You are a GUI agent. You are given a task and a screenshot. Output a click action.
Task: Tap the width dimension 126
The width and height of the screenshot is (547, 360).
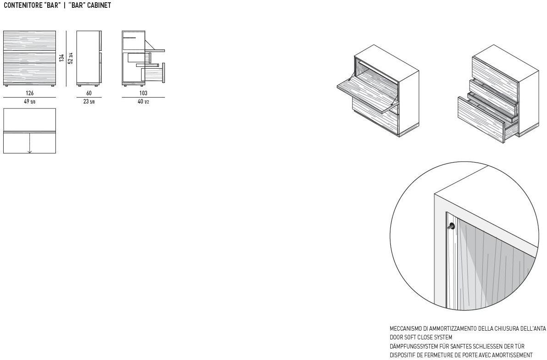pos(30,93)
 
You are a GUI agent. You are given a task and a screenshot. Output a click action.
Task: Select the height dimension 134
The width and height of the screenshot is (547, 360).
pos(62,58)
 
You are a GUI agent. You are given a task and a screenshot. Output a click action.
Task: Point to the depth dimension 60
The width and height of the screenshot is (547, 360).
pos(89,93)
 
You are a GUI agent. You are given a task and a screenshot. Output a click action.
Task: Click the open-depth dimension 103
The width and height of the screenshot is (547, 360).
pos(143,93)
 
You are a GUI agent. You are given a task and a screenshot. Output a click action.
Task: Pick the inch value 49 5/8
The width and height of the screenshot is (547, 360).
pos(30,102)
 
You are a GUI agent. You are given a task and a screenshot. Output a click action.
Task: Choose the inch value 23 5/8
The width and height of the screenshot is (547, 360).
pos(88,102)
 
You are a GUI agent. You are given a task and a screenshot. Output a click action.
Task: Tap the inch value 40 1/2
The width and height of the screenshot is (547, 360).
pos(143,102)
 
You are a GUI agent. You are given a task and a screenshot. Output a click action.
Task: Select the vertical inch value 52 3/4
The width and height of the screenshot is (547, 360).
pos(71,58)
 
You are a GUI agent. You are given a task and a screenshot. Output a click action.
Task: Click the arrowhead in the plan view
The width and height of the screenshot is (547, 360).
pos(30,152)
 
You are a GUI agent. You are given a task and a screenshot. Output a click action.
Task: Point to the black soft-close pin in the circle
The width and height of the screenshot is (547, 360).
pos(451,226)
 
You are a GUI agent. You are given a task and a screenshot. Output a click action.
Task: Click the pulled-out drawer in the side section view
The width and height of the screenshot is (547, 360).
pos(153,73)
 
